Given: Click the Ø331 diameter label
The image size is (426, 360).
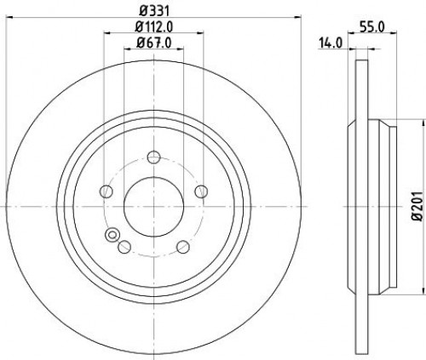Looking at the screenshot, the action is [x=154, y=11].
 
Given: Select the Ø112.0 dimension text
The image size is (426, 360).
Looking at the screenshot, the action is [x=154, y=27].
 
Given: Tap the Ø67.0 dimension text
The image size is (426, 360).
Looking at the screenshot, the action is [x=154, y=43].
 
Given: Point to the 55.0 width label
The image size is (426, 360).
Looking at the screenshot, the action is [x=372, y=27].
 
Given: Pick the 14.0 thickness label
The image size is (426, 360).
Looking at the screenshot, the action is [x=331, y=43].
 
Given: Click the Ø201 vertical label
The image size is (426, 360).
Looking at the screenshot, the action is [x=418, y=206].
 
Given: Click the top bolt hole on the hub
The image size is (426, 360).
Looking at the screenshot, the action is [x=154, y=157].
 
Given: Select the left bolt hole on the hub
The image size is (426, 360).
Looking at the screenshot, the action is [x=106, y=191].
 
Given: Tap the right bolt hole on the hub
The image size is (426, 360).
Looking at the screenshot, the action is [x=201, y=191].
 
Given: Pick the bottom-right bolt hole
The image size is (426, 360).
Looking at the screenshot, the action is [x=183, y=247].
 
